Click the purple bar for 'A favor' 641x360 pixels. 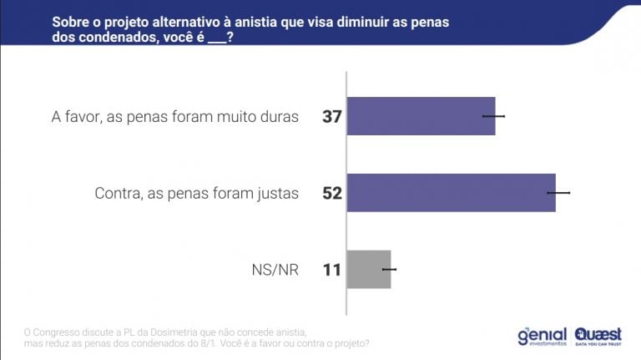point(421,116)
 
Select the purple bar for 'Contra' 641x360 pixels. point(451,193)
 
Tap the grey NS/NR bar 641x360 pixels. point(369,269)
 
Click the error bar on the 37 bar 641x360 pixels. point(494,116)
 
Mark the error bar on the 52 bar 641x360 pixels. point(558,193)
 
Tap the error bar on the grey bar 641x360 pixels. point(389,269)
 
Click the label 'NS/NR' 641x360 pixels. point(275,270)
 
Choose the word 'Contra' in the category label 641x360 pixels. point(118,194)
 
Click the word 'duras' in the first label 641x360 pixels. point(279,117)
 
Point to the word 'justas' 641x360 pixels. point(276,194)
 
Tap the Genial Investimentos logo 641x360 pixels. point(542,337)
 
